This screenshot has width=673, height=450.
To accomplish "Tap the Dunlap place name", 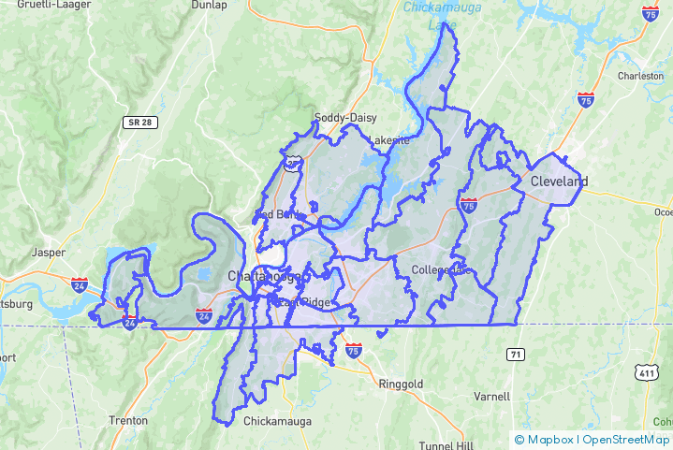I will pyautogui.click(x=209, y=5).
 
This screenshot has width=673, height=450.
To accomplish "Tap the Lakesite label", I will pyautogui.click(x=388, y=141).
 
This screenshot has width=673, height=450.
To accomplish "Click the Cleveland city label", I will pyautogui.click(x=559, y=181).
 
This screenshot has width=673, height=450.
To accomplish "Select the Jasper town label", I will pyautogui.click(x=49, y=253).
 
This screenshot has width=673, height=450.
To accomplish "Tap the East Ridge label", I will pyautogui.click(x=297, y=301).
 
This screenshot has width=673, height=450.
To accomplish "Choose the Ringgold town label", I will pyautogui.click(x=401, y=385).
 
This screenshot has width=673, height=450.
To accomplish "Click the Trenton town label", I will pyautogui.click(x=128, y=421).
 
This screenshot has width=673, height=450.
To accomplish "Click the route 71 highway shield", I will pyautogui.click(x=516, y=355).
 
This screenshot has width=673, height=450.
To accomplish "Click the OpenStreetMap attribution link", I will pyautogui.click(x=626, y=440).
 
